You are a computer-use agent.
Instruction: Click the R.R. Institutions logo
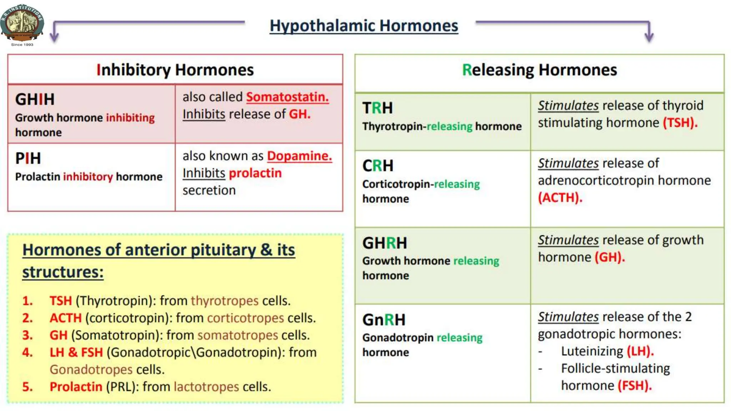22,23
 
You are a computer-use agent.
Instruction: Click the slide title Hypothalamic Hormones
363,26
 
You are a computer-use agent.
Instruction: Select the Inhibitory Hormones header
175,70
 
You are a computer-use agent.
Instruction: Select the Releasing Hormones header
539,70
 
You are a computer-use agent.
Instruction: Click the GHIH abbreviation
35,100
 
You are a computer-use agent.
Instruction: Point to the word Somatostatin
287,97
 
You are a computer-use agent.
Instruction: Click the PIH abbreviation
28,158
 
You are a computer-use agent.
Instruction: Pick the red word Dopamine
299,156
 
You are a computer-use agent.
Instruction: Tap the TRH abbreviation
377,108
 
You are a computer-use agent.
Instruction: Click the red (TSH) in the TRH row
680,123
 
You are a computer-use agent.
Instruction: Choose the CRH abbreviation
378,166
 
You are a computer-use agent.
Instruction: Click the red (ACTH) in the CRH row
560,197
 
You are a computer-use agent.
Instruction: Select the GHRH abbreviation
384,243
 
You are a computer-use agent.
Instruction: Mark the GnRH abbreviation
384,320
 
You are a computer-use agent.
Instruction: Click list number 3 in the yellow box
27,335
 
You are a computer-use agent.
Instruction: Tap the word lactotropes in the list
206,387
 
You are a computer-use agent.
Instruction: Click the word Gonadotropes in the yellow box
91,370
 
